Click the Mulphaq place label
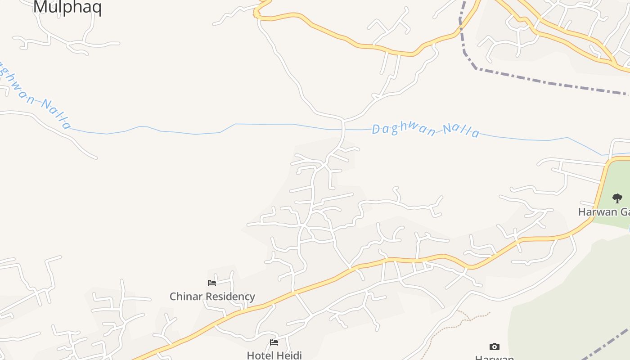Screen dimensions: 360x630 (67, 8)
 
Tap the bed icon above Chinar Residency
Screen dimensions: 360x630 (212, 283)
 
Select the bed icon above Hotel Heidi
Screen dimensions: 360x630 (274, 342)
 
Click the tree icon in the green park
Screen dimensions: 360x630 (617, 198)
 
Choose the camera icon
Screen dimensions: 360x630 (494, 346)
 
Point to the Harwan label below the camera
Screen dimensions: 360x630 (494, 357)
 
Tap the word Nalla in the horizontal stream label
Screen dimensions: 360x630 (461, 131)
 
